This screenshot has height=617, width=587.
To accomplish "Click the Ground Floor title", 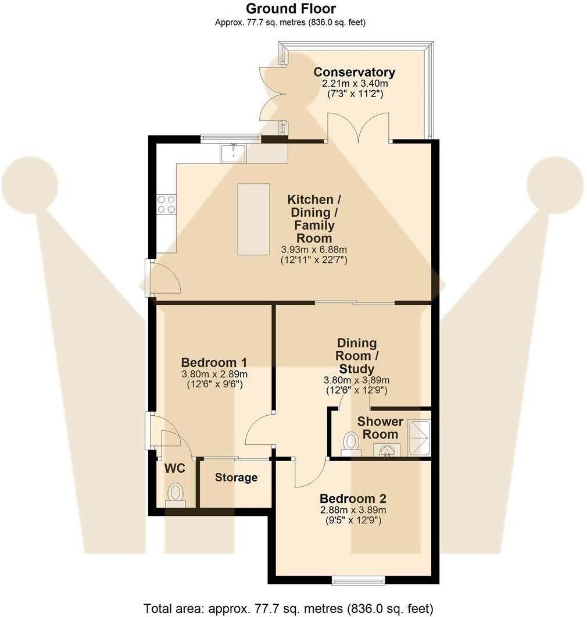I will click(x=290, y=9).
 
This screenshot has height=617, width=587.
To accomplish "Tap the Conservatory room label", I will click(x=354, y=72).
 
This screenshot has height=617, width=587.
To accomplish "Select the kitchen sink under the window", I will click(x=233, y=153).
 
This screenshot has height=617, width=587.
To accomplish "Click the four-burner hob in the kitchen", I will click(x=166, y=204).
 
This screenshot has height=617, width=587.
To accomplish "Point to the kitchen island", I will click(x=253, y=219).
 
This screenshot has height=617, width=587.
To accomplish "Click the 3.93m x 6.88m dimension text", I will click(x=314, y=249).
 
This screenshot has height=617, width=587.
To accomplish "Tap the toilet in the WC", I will click(x=175, y=494).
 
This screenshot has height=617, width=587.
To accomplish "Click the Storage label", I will click(x=236, y=477).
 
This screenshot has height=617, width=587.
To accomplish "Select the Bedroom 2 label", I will click(x=353, y=498).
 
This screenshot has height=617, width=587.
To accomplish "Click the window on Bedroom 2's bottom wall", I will click(x=358, y=579).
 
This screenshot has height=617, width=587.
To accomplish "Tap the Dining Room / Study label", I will click(x=357, y=356).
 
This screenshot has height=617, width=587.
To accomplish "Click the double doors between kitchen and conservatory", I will click(x=358, y=129).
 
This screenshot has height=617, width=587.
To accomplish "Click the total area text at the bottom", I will click(x=288, y=608).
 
